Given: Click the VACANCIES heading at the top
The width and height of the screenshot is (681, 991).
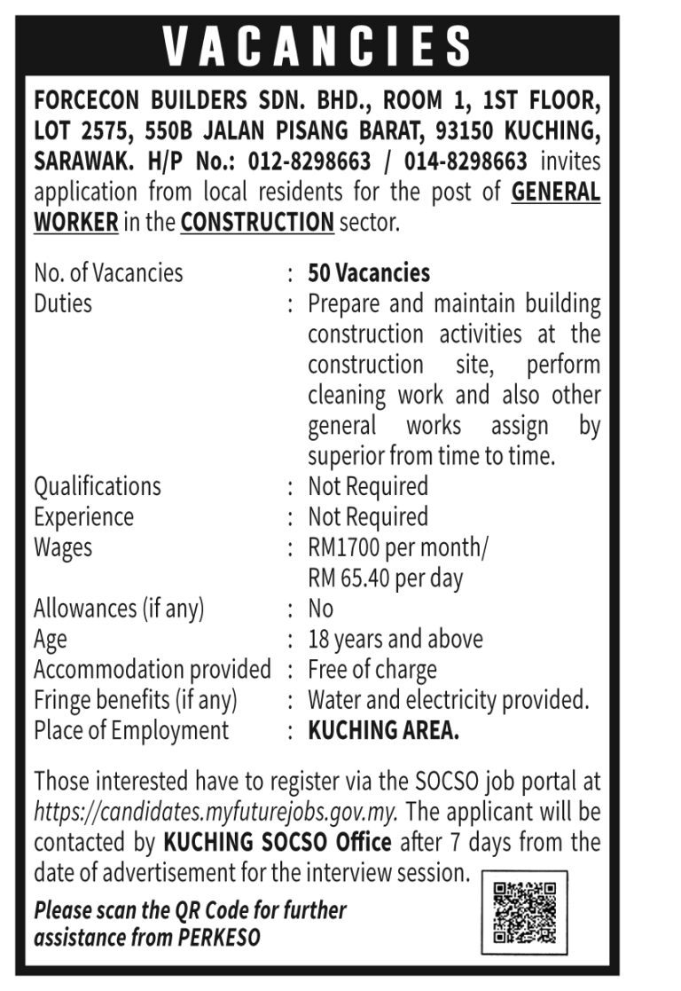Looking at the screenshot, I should [x=317, y=46].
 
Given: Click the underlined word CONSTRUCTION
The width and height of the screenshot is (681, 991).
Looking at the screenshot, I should [x=257, y=222].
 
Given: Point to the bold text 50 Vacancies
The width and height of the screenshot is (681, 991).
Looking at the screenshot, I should [x=369, y=272].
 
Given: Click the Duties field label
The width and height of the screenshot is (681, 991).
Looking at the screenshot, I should [x=63, y=303].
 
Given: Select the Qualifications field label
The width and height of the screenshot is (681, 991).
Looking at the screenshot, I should [x=98, y=486].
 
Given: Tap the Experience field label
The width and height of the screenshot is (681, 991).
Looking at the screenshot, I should [x=84, y=516].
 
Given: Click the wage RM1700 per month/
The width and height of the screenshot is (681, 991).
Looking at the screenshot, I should [x=397, y=547].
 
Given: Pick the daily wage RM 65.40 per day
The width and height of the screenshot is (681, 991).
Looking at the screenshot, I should [x=386, y=578].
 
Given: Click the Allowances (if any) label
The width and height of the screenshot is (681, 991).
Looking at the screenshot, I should [x=119, y=609].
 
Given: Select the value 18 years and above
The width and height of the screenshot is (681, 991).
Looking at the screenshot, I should [x=395, y=639].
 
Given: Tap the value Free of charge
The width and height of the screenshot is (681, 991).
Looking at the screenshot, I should [x=372, y=669].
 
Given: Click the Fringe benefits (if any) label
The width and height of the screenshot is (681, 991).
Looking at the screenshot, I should [x=136, y=700].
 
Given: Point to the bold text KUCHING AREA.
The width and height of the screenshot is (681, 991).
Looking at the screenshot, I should [x=384, y=730].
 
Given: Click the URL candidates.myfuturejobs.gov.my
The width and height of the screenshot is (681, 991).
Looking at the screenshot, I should [x=215, y=811].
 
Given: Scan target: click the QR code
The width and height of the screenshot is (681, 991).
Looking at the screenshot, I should [x=524, y=912].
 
